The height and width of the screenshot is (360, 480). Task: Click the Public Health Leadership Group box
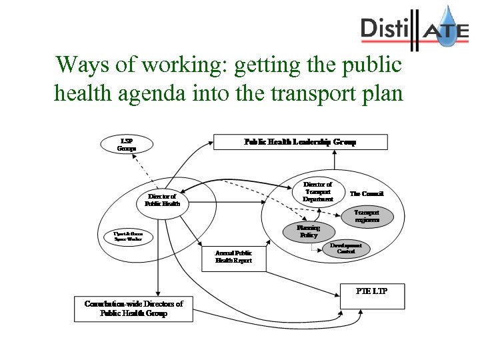[300, 142]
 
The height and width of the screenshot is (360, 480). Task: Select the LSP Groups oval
[127, 145]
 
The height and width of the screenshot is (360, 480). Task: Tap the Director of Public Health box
[163, 200]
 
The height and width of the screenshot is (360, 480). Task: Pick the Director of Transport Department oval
[318, 192]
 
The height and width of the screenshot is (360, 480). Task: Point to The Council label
[367, 194]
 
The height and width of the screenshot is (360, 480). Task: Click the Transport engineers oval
[367, 216]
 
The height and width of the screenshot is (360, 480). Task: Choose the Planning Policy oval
[309, 231]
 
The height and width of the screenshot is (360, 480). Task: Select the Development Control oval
[346, 248]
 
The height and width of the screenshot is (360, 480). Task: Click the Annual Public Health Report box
[233, 257]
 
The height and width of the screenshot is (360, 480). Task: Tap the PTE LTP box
[372, 296]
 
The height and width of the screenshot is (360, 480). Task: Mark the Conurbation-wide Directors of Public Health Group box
[133, 309]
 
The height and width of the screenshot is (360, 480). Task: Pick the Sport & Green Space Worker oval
[128, 237]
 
